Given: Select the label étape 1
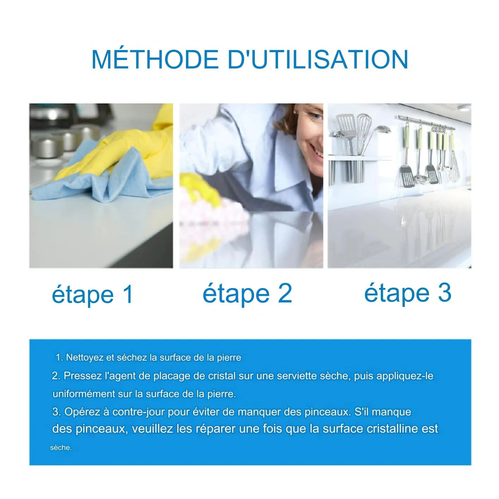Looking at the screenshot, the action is [92, 294].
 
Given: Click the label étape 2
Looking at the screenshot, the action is [247, 293].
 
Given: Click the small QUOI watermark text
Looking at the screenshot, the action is [438, 130].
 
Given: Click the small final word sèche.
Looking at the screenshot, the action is [61, 447].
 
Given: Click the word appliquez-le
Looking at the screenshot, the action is [405, 376].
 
